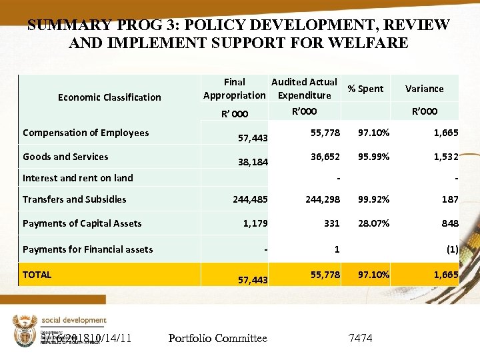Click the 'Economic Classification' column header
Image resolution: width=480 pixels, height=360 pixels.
click(x=109, y=97)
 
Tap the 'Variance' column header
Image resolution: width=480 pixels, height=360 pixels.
click(x=424, y=89)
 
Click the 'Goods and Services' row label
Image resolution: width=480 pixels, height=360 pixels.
click(x=65, y=157)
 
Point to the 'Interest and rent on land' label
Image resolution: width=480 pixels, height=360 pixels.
click(x=77, y=178)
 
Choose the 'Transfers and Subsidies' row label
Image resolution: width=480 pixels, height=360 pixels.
click(x=74, y=199)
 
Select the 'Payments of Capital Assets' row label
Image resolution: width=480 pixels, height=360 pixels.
click(x=82, y=223)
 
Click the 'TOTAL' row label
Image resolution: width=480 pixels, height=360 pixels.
click(x=37, y=274)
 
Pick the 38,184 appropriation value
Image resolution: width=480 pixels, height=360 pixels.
click(x=253, y=162)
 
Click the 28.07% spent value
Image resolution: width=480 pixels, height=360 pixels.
click(x=373, y=223)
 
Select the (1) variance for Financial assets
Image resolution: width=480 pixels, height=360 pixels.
click(x=452, y=249)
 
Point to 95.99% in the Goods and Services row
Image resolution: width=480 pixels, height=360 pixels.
click(x=373, y=157)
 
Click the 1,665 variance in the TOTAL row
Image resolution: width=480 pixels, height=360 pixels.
click(x=445, y=274)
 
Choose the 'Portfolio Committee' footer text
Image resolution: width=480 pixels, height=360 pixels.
click(x=218, y=339)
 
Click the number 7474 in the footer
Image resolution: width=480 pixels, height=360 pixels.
click(x=361, y=339)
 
